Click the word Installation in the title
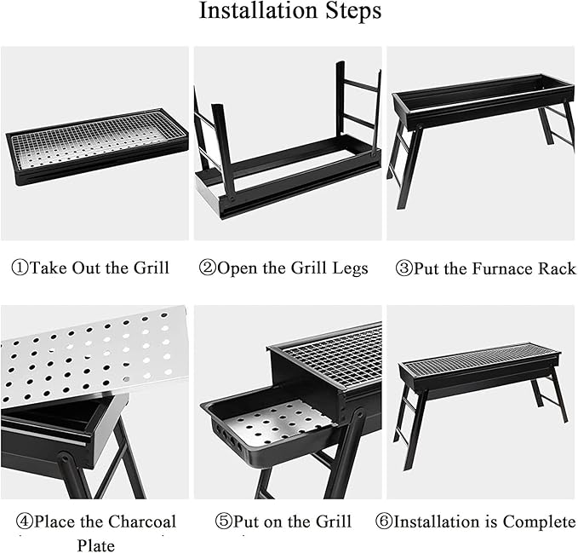coord(258,10)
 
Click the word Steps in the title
coord(353,11)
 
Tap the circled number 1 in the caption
coord(20,268)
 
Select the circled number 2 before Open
coord(207,268)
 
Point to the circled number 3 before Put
coord(403,268)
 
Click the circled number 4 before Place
coord(25,521)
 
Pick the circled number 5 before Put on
coord(223,521)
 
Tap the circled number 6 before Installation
coord(384,521)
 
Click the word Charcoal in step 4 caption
coord(142,521)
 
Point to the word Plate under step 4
coord(96,545)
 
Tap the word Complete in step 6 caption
coord(539,521)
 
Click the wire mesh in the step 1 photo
coord(96,141)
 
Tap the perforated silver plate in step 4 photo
coord(92,354)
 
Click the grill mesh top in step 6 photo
coord(479,356)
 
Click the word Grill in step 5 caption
coord(334,521)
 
